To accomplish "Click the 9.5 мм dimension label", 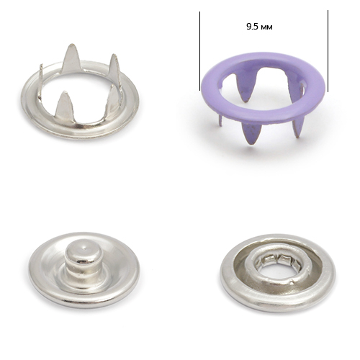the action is tap(259, 27).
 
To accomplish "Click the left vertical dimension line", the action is tap(199, 51).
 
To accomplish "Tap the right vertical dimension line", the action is tap(328, 51).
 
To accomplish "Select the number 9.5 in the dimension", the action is tap(252, 27).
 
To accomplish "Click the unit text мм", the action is tap(266, 27).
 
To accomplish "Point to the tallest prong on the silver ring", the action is tap(71, 59).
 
